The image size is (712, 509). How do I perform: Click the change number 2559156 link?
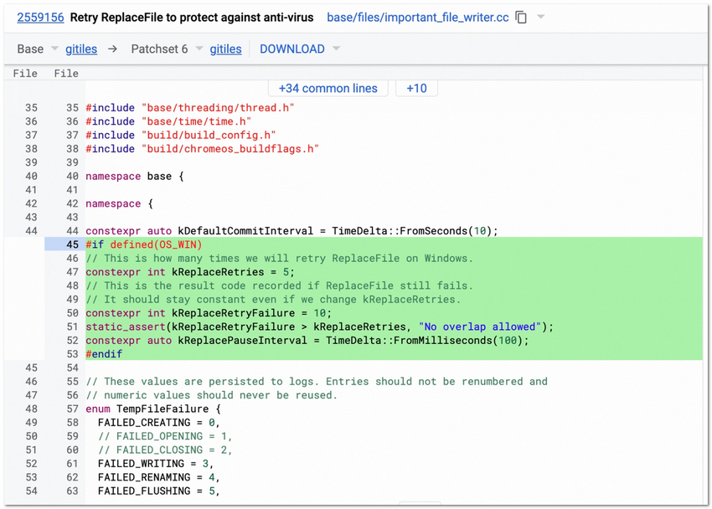40,18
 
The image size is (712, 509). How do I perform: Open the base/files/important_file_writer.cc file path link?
418,18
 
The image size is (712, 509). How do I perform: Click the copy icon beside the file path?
521,18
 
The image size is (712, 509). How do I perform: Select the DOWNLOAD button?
292,49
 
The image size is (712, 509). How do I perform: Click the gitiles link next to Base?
81,49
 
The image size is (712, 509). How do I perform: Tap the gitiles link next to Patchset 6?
225,49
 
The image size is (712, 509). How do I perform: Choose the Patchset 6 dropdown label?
159,49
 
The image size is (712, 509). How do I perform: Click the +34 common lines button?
328,88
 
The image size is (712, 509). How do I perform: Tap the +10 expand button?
416,88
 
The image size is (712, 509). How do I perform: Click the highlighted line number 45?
72,244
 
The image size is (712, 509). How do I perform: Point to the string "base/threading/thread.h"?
218,107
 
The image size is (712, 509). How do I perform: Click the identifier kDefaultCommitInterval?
245,231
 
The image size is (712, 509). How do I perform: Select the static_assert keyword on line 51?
126,326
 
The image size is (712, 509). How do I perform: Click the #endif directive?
104,354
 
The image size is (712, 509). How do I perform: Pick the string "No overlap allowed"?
480,326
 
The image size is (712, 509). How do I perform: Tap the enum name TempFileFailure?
163,409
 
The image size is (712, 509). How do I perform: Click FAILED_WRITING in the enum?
142,464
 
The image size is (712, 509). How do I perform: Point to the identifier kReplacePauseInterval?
242,340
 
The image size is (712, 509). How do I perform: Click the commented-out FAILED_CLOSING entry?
165,450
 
